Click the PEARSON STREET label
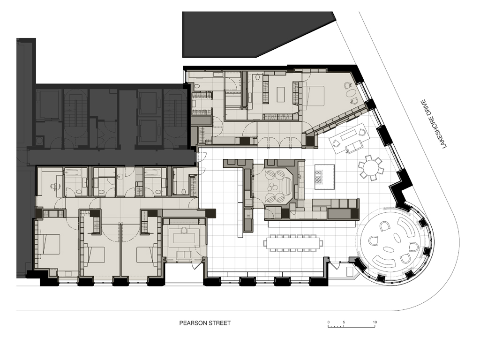(x=205, y=323)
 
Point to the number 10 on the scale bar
(x=375, y=322)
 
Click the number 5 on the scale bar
(x=344, y=322)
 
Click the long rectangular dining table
(x=293, y=243)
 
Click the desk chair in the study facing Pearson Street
(x=184, y=230)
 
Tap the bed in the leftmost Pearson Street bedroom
(x=49, y=244)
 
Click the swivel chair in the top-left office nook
(x=53, y=186)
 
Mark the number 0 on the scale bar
(x=329, y=322)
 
